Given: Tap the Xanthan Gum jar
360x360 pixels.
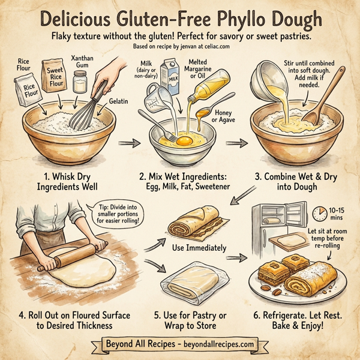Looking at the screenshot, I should [79, 82].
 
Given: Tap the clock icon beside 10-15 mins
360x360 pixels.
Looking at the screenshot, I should [322, 214].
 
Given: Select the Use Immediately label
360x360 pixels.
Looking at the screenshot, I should [190, 247].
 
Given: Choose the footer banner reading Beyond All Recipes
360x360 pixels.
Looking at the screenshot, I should [179, 344].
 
